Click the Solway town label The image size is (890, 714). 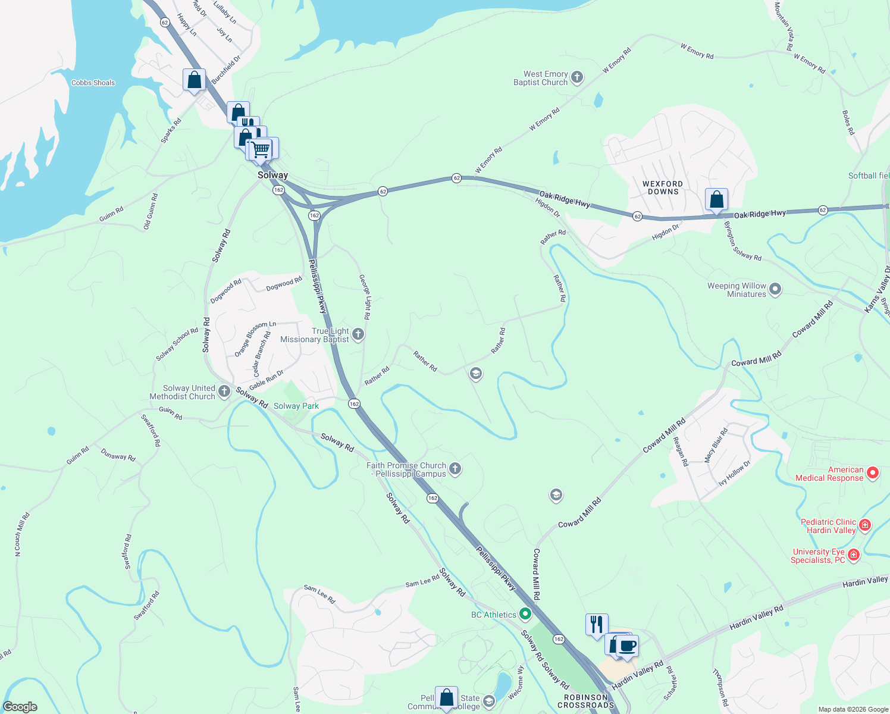(x=272, y=175)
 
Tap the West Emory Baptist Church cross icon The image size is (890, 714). (x=576, y=77)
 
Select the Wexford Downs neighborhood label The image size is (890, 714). (x=663, y=188)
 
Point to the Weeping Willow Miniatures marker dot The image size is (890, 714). (x=775, y=290)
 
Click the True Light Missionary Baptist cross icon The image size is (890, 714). (x=358, y=334)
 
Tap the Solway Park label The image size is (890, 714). (x=296, y=406)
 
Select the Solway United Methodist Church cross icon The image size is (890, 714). (x=224, y=392)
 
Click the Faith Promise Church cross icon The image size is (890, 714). (x=455, y=469)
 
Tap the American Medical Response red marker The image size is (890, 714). (x=873, y=474)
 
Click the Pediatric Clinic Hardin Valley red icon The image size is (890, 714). (x=865, y=525)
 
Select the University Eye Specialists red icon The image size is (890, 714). (x=854, y=555)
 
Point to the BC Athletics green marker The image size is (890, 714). (x=525, y=613)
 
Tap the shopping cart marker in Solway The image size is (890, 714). (x=261, y=149)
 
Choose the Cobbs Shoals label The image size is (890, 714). (x=93, y=83)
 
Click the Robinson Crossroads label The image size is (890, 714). (x=585, y=701)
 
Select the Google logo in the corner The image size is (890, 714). (x=20, y=707)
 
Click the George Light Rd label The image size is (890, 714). (x=365, y=297)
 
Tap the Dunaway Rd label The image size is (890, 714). (x=118, y=455)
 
